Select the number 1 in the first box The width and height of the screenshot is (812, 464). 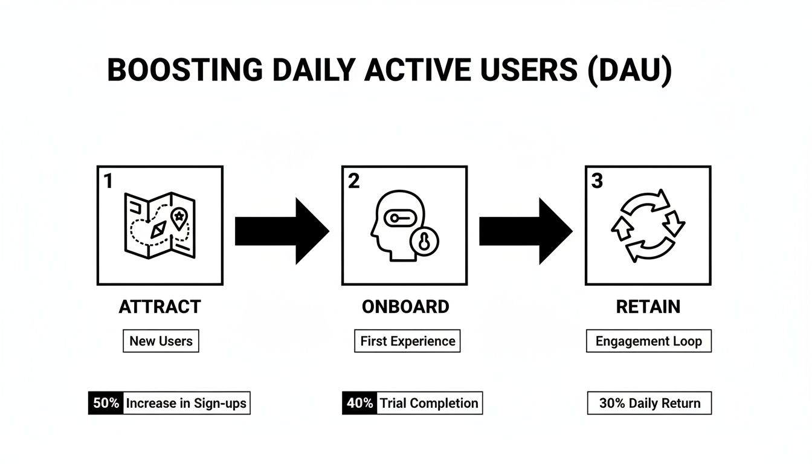pyautogui.click(x=108, y=181)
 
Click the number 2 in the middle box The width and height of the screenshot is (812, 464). pyautogui.click(x=354, y=181)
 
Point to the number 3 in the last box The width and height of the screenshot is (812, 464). pyautogui.click(x=597, y=181)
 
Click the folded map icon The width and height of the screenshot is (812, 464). pyautogui.click(x=159, y=225)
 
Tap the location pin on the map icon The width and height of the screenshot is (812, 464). pyautogui.click(x=179, y=218)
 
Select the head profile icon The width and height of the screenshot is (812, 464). pyautogui.click(x=396, y=225)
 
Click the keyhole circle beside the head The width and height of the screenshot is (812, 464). pyautogui.click(x=424, y=242)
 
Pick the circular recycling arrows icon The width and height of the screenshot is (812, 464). pyautogui.click(x=648, y=225)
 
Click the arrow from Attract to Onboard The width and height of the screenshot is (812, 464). pyautogui.click(x=282, y=231)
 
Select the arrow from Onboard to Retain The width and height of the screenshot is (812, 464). pyautogui.click(x=526, y=231)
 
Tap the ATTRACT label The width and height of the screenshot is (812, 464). pyautogui.click(x=159, y=307)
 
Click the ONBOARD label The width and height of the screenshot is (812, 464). pyautogui.click(x=405, y=307)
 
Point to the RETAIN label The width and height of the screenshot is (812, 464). pyautogui.click(x=648, y=307)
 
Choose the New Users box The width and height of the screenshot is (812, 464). pyautogui.click(x=161, y=341)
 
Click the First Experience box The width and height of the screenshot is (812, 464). pyautogui.click(x=407, y=341)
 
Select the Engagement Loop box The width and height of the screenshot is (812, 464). pyautogui.click(x=648, y=341)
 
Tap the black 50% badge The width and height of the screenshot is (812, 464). pyautogui.click(x=106, y=403)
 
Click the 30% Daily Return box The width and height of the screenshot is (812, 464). pyautogui.click(x=649, y=403)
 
